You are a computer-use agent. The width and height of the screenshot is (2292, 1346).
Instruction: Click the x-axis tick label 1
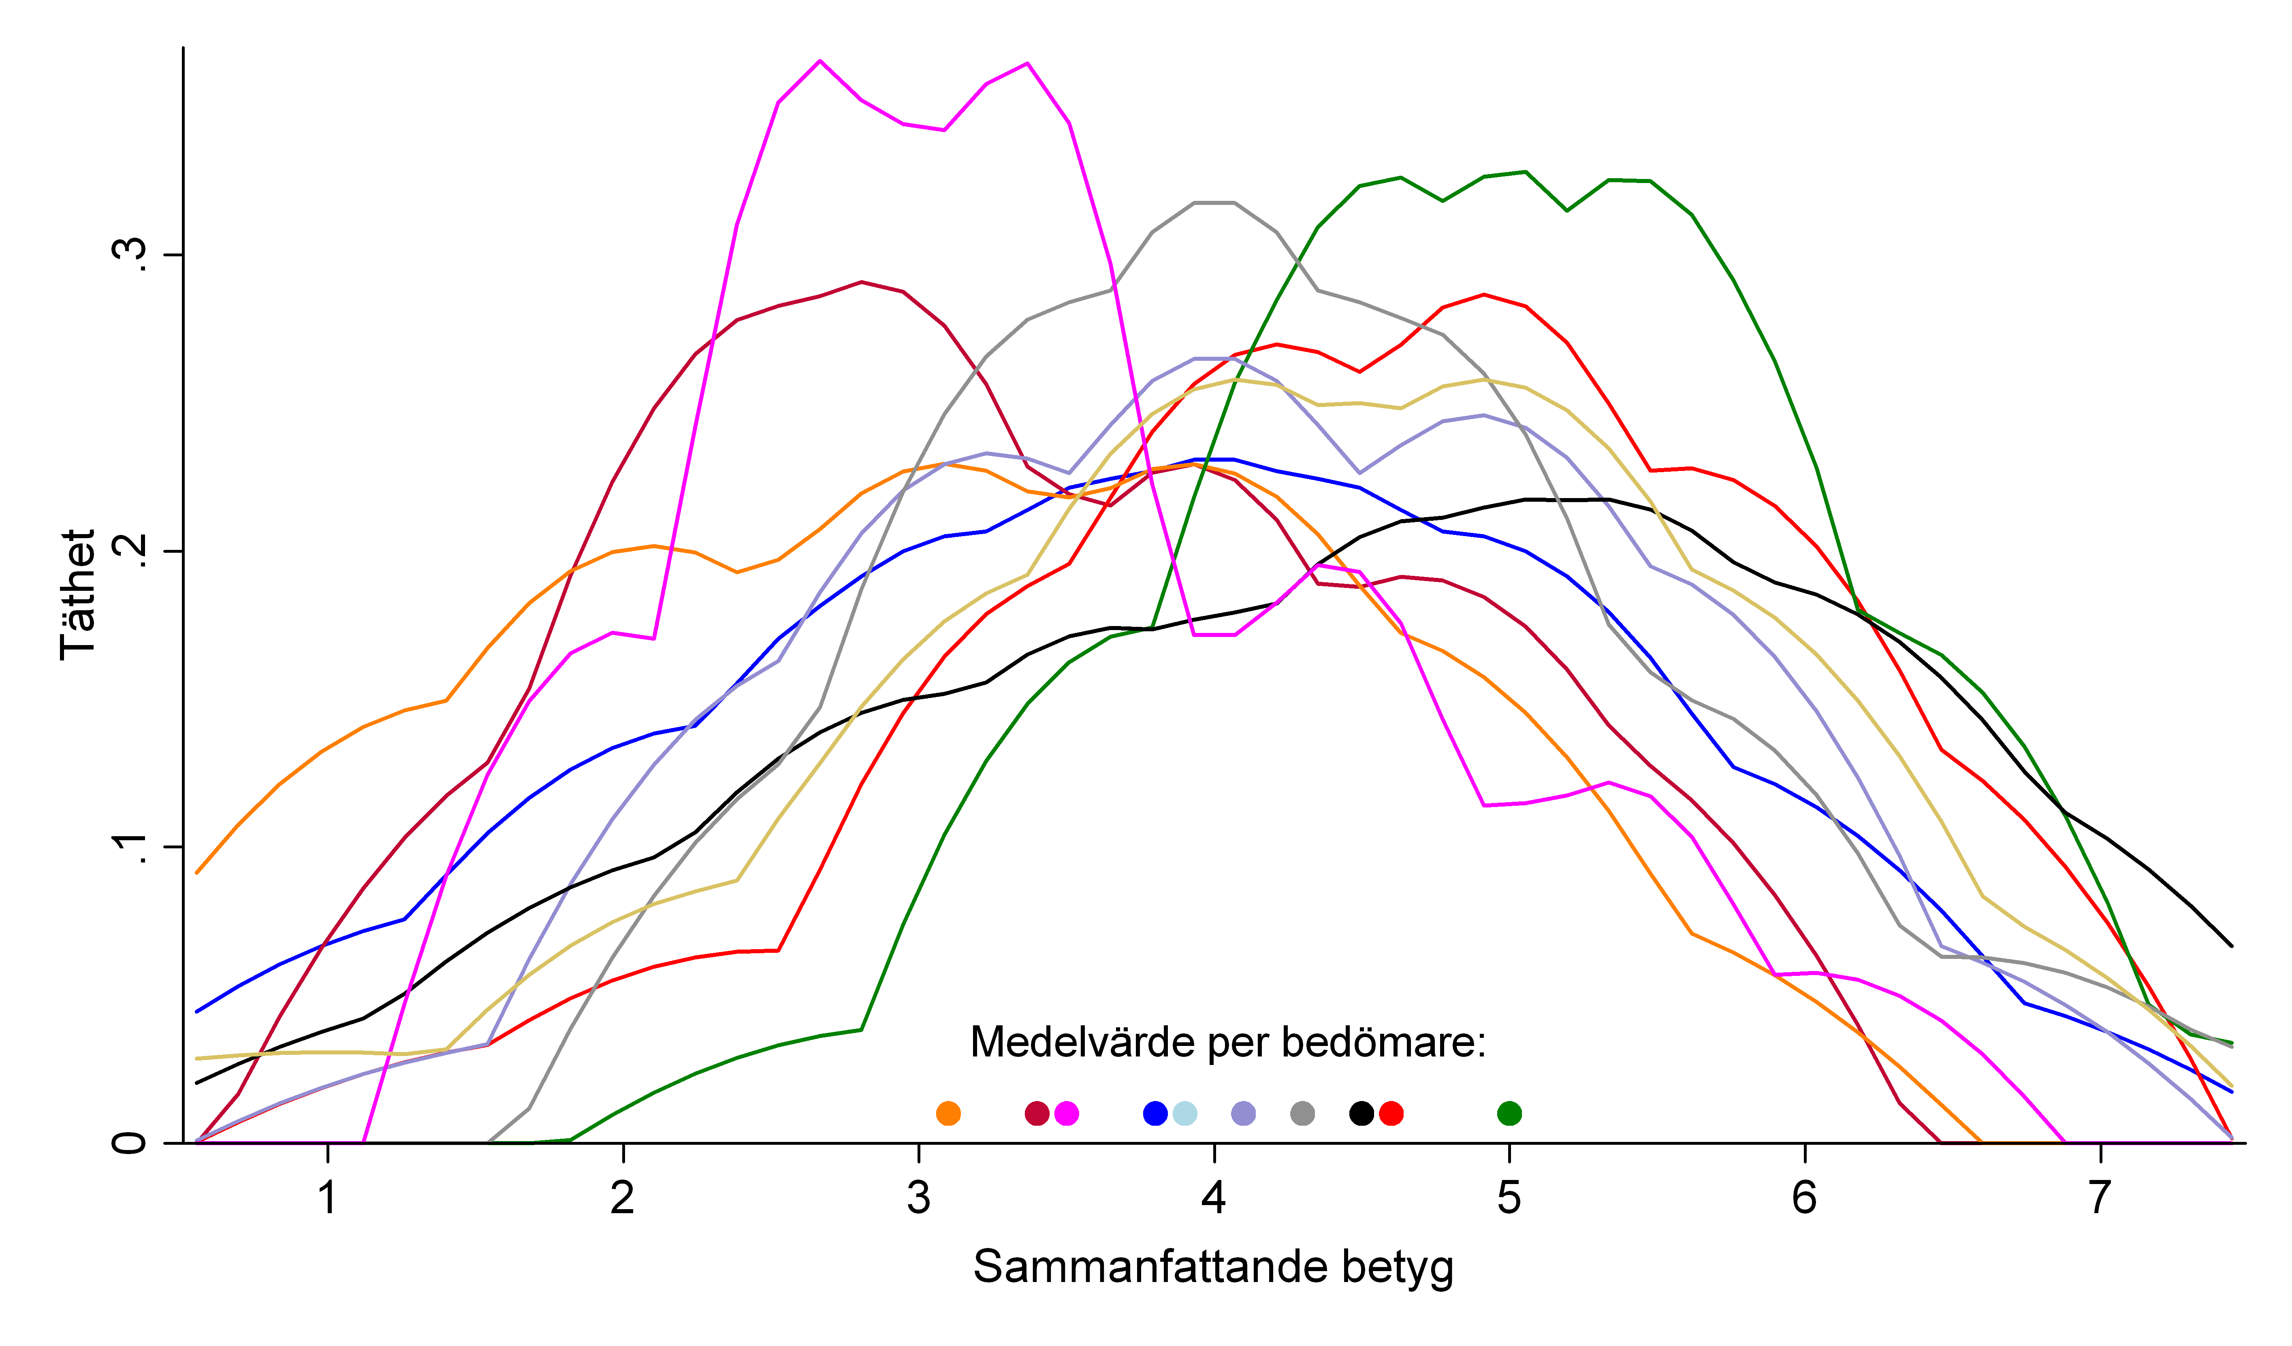pos(327,1199)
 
